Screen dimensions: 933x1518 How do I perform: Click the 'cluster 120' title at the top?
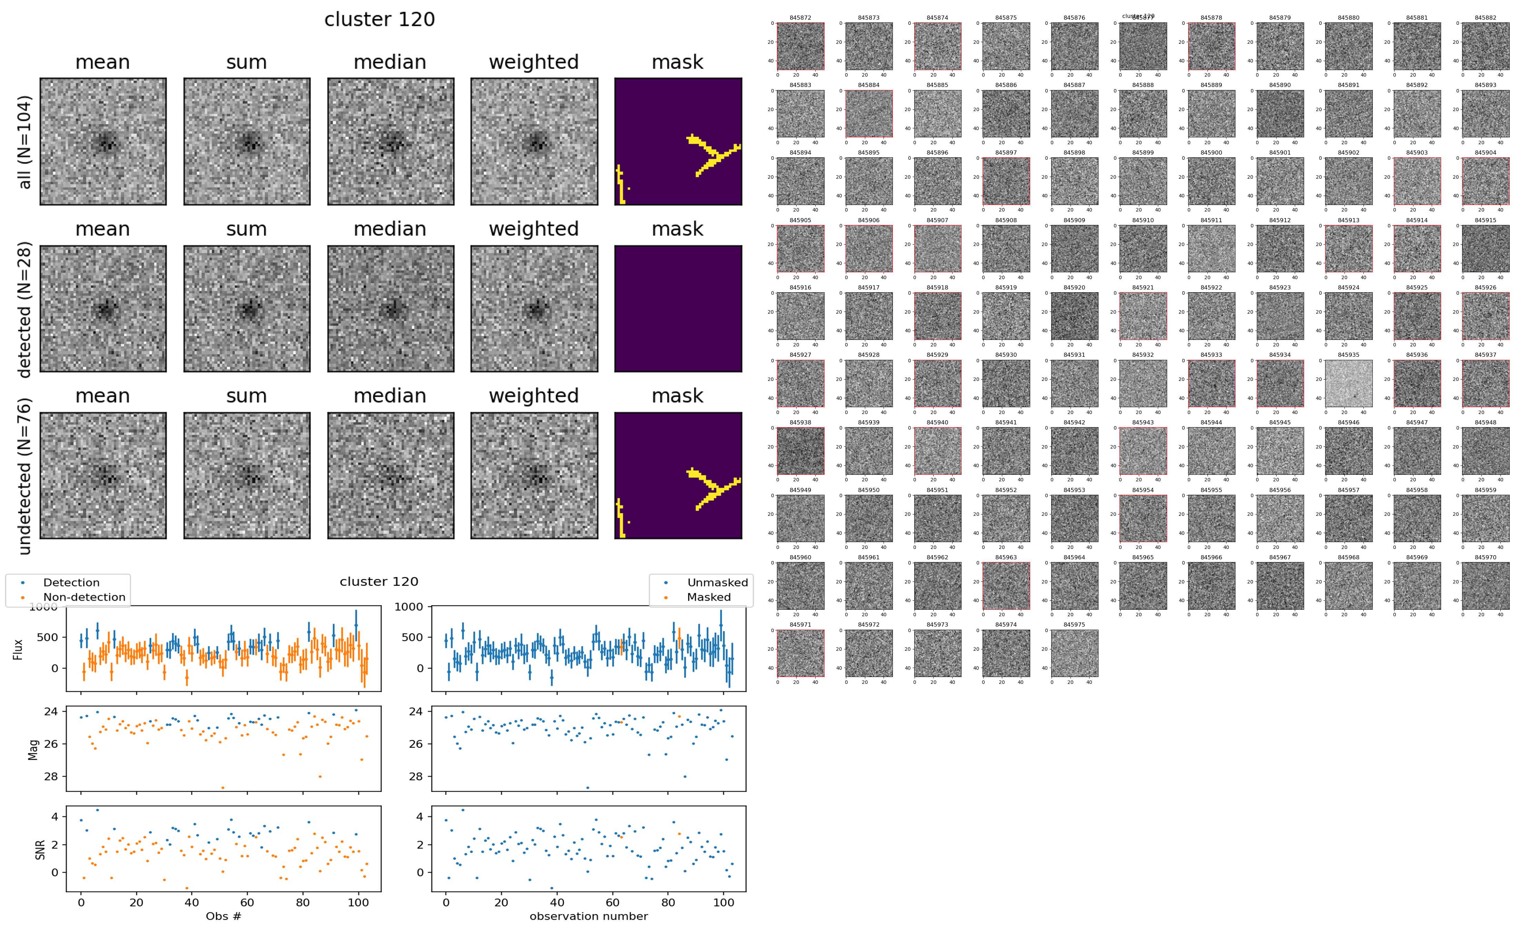(379, 20)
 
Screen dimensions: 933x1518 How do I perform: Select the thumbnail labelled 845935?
(1348, 384)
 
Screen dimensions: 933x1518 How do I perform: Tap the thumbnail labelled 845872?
(800, 46)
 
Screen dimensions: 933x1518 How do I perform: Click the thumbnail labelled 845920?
(1074, 316)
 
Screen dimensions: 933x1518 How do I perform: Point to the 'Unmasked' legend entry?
(717, 582)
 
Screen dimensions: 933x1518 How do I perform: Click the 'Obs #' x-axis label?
(223, 916)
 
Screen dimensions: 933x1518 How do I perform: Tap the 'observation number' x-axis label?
(589, 916)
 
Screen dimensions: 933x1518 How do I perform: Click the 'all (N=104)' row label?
(25, 142)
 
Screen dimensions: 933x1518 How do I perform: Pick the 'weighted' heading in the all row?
(534, 62)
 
